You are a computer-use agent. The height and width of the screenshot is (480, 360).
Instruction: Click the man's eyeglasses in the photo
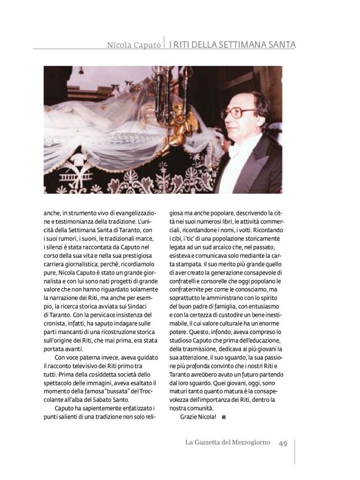[x=239, y=113]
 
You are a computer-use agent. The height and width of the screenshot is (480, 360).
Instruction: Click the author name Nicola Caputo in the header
[x=133, y=45]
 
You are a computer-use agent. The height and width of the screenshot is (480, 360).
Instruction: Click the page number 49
[x=282, y=443]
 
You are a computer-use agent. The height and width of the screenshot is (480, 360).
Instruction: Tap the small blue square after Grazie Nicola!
[x=223, y=415]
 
